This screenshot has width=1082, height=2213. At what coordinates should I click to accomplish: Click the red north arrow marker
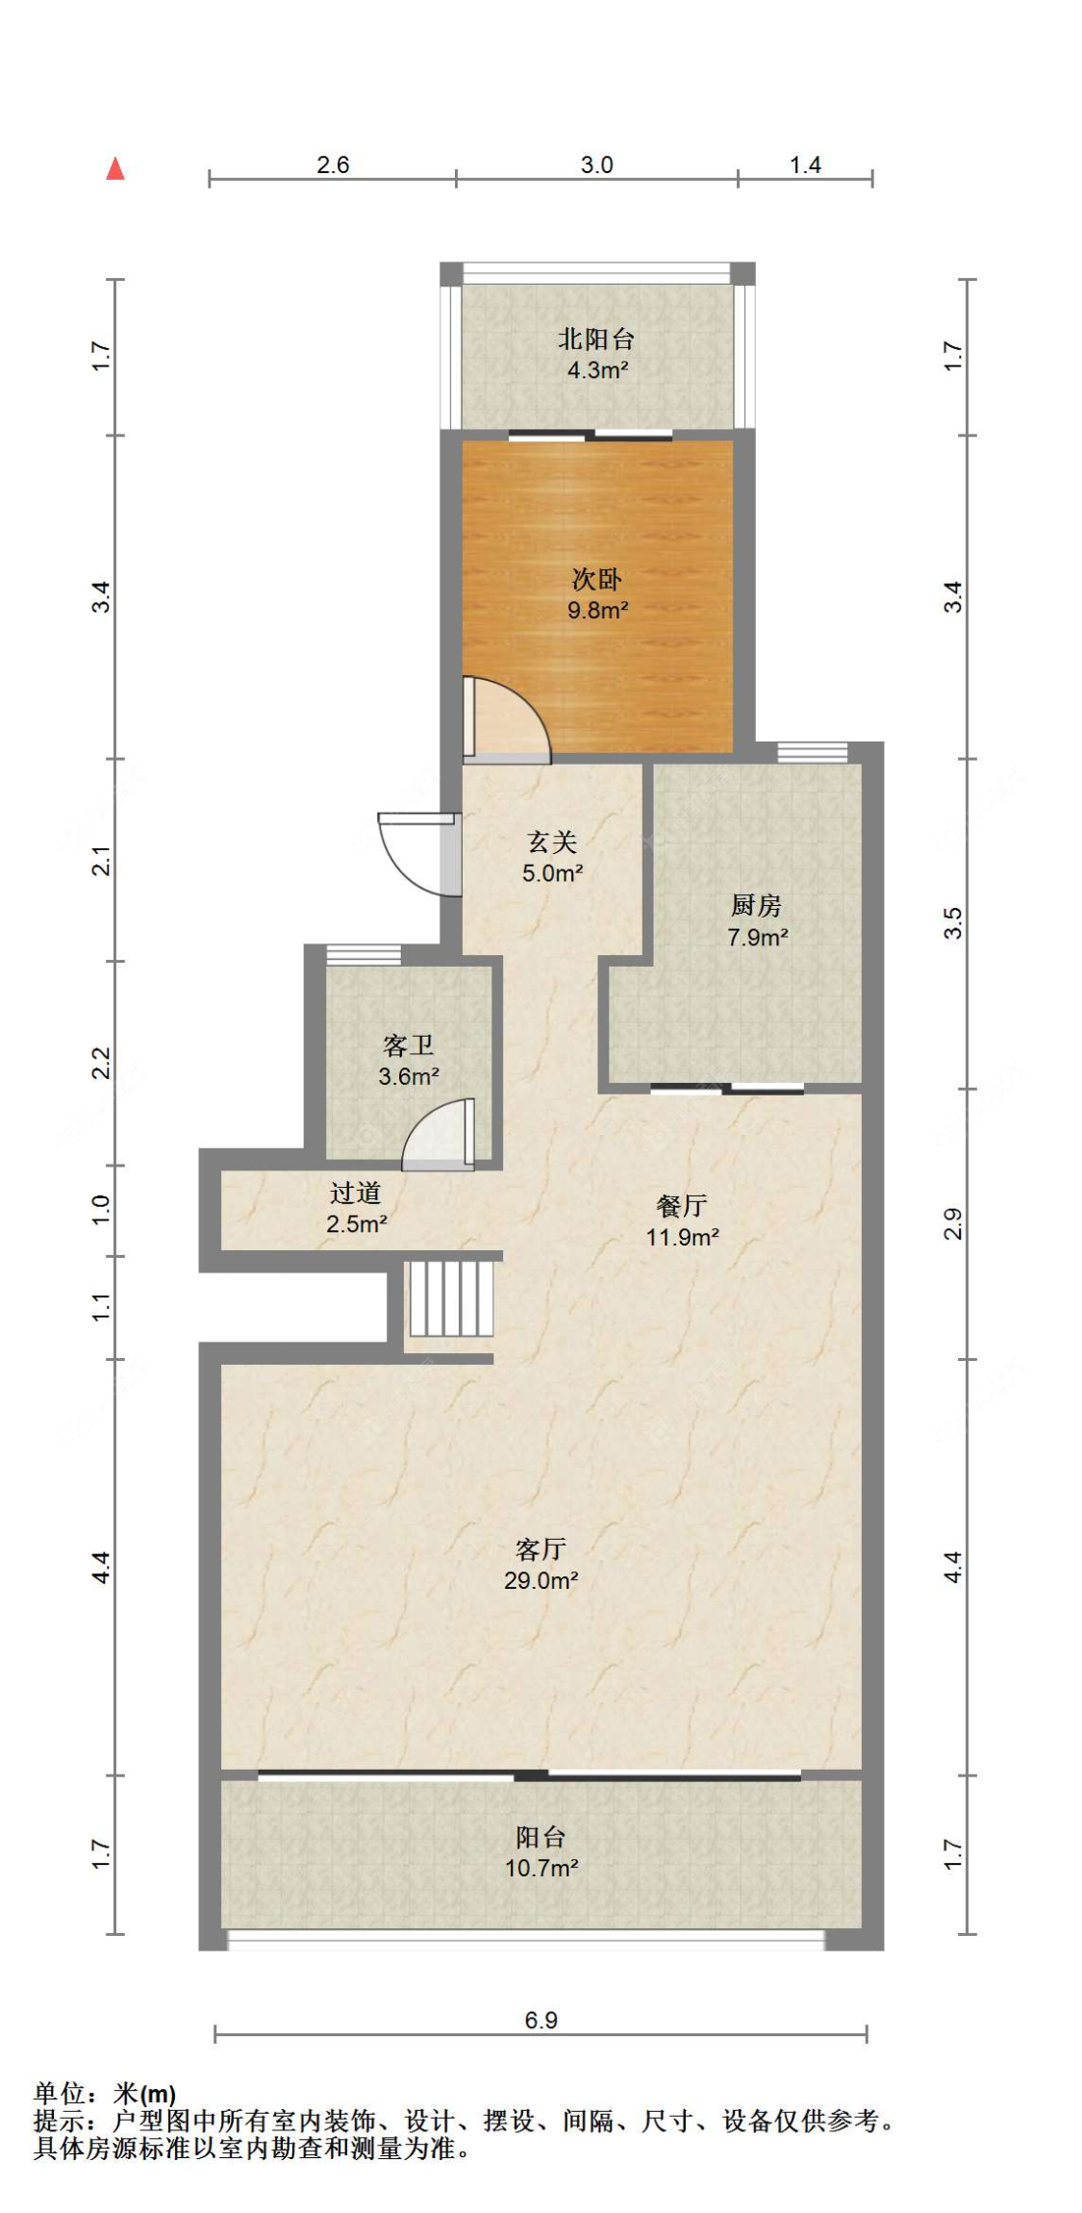click(x=115, y=168)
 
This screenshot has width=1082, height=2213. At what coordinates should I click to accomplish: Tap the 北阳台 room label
click(x=596, y=339)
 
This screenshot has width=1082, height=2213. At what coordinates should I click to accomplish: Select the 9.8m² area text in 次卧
click(x=597, y=610)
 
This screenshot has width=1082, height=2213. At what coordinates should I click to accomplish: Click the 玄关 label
click(x=552, y=842)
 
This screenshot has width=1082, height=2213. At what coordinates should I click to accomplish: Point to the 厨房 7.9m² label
click(x=757, y=920)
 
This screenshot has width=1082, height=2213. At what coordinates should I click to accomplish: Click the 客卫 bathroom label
click(x=408, y=1045)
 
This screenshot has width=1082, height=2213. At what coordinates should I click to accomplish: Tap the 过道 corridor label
click(x=356, y=1194)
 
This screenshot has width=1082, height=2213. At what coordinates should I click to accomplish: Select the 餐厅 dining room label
click(x=682, y=1206)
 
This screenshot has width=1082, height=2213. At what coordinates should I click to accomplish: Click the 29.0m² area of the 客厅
click(x=541, y=1580)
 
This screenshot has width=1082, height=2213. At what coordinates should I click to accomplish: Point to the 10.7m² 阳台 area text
click(x=541, y=1868)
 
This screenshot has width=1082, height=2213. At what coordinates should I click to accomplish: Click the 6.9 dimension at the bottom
click(x=541, y=2020)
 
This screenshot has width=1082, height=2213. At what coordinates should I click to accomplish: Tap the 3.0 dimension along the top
click(x=596, y=164)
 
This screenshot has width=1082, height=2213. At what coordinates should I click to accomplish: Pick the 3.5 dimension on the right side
click(x=952, y=923)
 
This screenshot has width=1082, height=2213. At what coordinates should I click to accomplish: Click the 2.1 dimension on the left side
click(x=101, y=860)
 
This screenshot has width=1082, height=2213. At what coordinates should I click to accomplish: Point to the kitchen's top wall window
click(x=812, y=752)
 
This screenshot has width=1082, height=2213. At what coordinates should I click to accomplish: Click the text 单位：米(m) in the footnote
click(x=105, y=2093)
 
